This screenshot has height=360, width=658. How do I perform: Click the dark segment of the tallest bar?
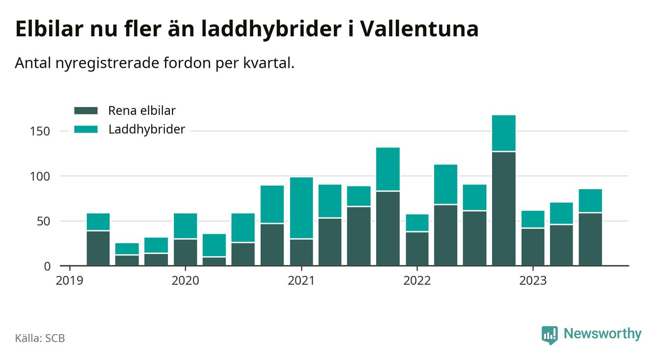pyautogui.click(x=504, y=209)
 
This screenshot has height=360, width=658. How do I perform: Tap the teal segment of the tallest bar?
pyautogui.click(x=504, y=133)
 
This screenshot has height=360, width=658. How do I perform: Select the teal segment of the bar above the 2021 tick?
pyautogui.click(x=301, y=208)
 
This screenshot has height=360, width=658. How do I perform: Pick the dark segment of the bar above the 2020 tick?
pyautogui.click(x=185, y=252)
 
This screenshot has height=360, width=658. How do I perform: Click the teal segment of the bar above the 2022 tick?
pyautogui.click(x=417, y=222)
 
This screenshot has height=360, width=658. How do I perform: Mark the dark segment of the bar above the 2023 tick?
pyautogui.click(x=533, y=247)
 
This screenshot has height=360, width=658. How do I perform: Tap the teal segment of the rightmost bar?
pyautogui.click(x=590, y=200)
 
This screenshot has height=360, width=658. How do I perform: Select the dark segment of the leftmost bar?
pyautogui.click(x=98, y=248)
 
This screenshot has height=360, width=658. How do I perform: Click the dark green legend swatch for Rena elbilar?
pyautogui.click(x=86, y=111)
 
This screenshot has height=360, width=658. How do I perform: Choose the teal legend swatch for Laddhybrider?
pyautogui.click(x=86, y=130)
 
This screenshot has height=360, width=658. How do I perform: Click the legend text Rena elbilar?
pyautogui.click(x=141, y=111)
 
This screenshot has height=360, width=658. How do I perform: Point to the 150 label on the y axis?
pyautogui.click(x=40, y=132)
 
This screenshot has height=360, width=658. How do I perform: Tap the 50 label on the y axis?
pyautogui.click(x=43, y=221)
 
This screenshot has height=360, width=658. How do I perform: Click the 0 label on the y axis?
pyautogui.click(x=47, y=266)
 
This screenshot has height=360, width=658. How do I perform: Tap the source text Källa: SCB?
pyautogui.click(x=40, y=338)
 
